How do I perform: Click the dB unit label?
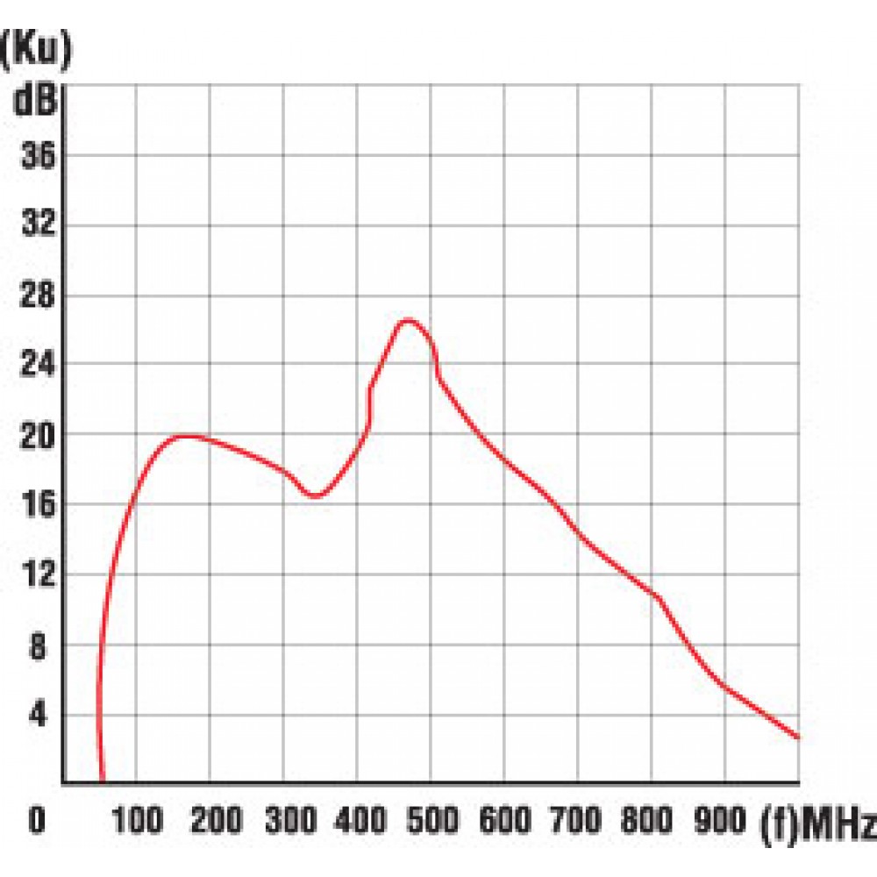tap(35, 102)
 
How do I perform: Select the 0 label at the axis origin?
tap(36, 822)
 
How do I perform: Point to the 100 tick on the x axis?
tap(136, 822)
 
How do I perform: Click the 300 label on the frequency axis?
tap(283, 822)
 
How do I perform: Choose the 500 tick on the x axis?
tap(431, 822)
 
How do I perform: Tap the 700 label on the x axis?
tap(578, 822)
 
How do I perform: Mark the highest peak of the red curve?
tap(408, 320)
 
